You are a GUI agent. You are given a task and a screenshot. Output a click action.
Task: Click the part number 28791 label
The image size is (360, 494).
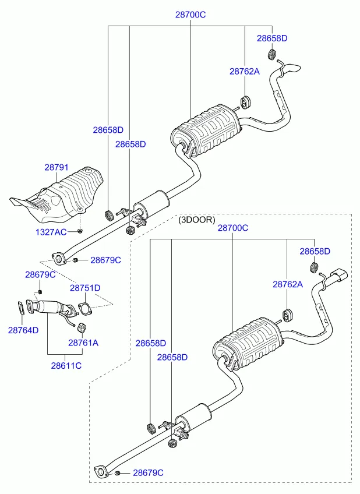click(x=57, y=167)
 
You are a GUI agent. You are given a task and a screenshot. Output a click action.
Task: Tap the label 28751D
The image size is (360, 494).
click(x=85, y=288)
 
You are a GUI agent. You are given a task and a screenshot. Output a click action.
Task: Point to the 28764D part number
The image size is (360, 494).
click(x=23, y=330)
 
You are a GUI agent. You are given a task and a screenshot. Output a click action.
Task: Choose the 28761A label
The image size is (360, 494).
click(x=83, y=343)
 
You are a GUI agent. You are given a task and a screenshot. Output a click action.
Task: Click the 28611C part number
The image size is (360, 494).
click(x=66, y=366)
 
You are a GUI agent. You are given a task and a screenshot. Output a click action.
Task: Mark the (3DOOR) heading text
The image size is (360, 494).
click(x=196, y=220)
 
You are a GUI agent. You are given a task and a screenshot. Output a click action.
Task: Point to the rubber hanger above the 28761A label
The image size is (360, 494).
click(x=83, y=325)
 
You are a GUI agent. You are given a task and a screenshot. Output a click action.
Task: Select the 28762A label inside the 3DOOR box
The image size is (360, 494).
click(x=288, y=284)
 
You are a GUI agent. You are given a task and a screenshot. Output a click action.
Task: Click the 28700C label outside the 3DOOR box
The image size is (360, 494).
click(x=190, y=15)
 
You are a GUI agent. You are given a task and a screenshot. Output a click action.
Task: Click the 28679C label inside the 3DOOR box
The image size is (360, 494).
click(x=148, y=472)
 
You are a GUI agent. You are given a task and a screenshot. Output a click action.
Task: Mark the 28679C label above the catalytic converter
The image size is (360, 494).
click(x=40, y=274)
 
